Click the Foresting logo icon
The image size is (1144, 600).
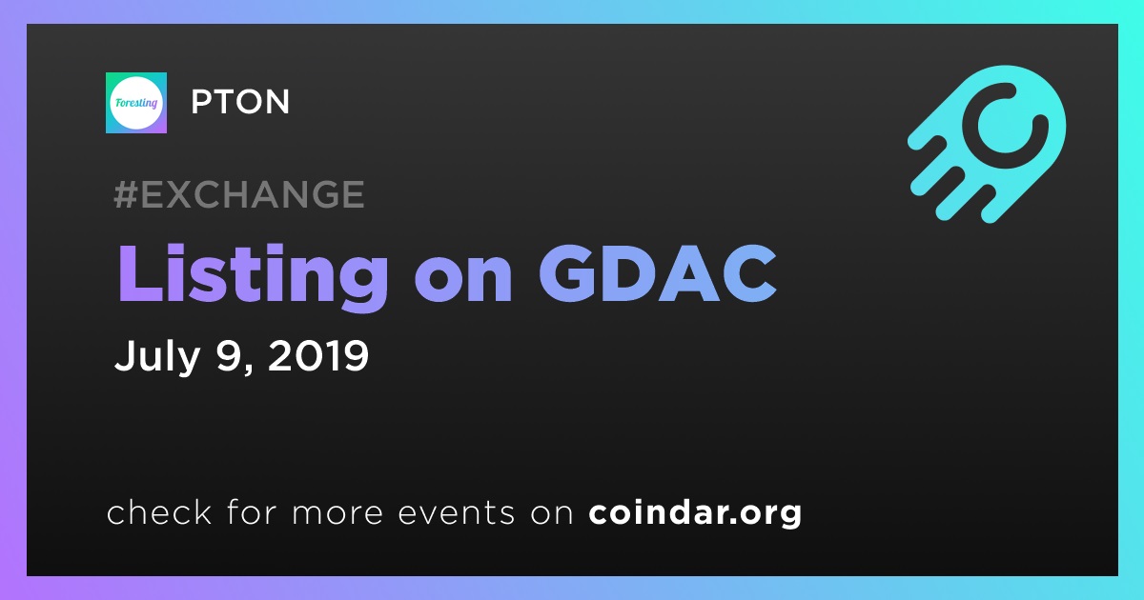[135, 103]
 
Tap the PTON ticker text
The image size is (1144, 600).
[240, 102]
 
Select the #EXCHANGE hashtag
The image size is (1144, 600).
[239, 194]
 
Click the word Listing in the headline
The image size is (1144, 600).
[254, 276]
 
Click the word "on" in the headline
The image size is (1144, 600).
[463, 282]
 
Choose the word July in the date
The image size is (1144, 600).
[157, 356]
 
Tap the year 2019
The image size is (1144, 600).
[318, 355]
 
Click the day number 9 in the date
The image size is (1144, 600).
[229, 355]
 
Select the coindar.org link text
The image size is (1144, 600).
[695, 512]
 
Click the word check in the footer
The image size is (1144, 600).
[159, 511]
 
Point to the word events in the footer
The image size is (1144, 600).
[457, 512]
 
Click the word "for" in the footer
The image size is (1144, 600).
[252, 511]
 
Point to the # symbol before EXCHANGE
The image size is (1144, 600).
[126, 194]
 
